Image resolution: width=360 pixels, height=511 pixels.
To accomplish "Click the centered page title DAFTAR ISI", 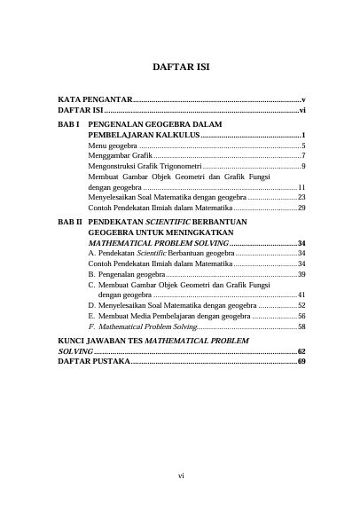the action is (x=180, y=67).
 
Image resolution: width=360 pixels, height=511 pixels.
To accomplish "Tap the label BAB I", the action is (x=68, y=125).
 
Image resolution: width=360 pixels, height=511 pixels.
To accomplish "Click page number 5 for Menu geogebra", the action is (x=303, y=145).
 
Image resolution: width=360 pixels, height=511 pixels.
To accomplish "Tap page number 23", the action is (x=301, y=197).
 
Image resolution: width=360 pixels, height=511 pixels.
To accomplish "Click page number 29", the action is (x=301, y=208).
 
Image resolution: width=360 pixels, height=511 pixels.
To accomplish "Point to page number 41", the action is (x=301, y=295).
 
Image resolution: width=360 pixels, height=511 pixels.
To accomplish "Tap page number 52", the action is (x=301, y=305).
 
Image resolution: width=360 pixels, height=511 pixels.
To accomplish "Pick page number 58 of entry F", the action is (x=301, y=326).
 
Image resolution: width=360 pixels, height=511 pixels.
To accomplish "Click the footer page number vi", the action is (x=180, y=476).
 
